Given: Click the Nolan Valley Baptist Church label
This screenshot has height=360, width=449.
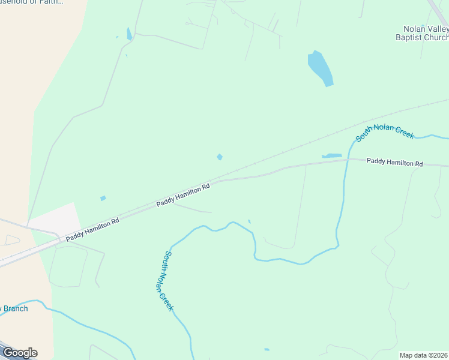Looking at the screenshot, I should (x=426, y=32).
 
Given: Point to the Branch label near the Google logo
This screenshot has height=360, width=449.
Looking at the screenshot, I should (x=14, y=308).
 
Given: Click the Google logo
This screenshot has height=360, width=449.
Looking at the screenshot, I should (x=19, y=352).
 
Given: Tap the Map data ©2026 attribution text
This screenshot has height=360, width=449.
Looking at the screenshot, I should (x=423, y=355).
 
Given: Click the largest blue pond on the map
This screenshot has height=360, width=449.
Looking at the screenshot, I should (x=320, y=68).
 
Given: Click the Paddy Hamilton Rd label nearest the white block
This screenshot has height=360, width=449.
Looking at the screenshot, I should (x=92, y=229).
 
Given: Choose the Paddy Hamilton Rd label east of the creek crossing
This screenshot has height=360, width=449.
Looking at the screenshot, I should (x=394, y=163).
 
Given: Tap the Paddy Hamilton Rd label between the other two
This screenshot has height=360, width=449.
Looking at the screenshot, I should (x=182, y=195).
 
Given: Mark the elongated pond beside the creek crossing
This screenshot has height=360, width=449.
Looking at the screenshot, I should (x=332, y=156).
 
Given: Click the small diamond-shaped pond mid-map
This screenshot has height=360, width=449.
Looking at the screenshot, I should (x=220, y=157).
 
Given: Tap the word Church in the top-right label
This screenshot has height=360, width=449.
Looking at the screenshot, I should (x=436, y=37).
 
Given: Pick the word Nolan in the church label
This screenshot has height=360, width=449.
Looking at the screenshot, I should (x=415, y=28).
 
